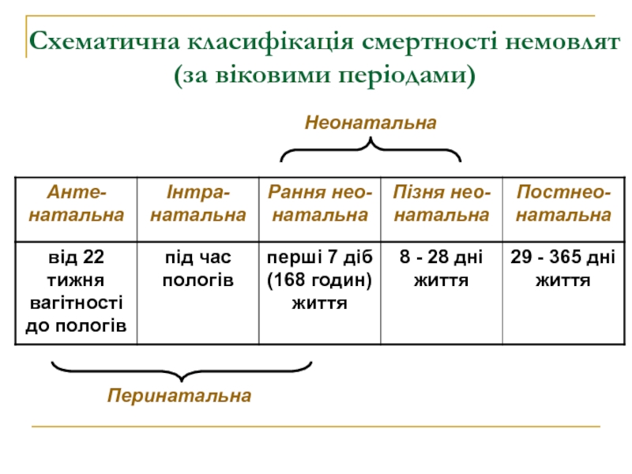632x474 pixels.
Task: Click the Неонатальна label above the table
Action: click(371, 122)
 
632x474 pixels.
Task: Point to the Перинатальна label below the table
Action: click(180, 395)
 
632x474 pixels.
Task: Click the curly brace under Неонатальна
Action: click(371, 149)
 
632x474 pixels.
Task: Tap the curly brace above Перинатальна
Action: click(181, 371)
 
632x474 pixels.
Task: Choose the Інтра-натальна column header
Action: click(198, 203)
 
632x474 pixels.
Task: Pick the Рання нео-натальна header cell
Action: click(319, 203)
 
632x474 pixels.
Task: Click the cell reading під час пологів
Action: click(198, 269)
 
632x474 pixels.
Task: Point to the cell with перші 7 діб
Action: click(319, 280)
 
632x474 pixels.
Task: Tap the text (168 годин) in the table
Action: click(319, 280)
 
